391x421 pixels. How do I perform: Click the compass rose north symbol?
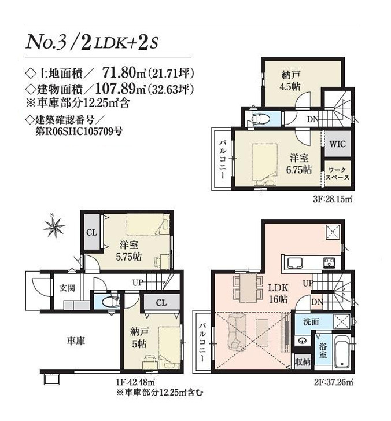[x=54, y=227]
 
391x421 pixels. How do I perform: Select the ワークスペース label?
[x=337, y=174]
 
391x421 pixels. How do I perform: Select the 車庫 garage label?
[x=74, y=342]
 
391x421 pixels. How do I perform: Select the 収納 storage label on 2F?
[x=301, y=363]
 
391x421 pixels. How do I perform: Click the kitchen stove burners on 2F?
[x=331, y=262]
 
